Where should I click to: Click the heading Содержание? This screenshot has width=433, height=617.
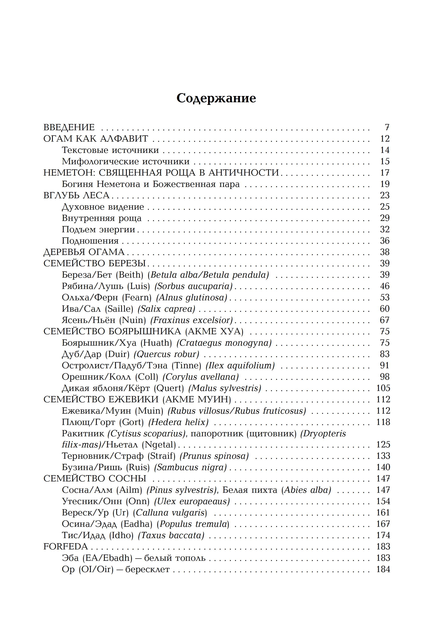pyautogui.click(x=216, y=98)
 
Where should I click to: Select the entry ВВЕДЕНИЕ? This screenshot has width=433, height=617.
pyautogui.click(x=69, y=127)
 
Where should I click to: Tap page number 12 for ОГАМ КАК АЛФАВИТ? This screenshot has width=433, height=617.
pyautogui.click(x=385, y=139)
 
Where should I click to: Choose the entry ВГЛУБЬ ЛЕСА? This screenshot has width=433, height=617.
pyautogui.click(x=77, y=195)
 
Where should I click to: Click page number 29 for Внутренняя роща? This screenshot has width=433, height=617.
pyautogui.click(x=385, y=218)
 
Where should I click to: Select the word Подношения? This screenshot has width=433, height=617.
pyautogui.click(x=90, y=241)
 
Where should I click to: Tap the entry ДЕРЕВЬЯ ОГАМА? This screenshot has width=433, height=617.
pyautogui.click(x=84, y=252)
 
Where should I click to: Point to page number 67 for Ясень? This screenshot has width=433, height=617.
pyautogui.click(x=385, y=320)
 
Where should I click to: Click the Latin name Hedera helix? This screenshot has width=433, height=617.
pyautogui.click(x=179, y=422)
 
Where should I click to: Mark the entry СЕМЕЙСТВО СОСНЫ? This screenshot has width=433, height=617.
pyautogui.click(x=95, y=479)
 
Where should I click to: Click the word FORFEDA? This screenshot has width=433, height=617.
pyautogui.click(x=66, y=547)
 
